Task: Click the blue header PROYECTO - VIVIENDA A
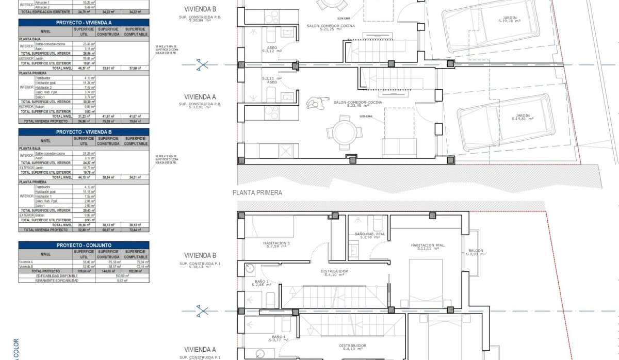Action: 84,23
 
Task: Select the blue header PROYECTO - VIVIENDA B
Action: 84,133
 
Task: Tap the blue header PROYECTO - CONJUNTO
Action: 84,245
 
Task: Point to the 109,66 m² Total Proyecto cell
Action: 83,271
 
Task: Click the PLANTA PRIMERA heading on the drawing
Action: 257,192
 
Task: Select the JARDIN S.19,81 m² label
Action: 525,117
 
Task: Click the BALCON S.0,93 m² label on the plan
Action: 476,252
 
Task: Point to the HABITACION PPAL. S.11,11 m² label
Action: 428,247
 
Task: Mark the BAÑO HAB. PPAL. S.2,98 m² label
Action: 370,236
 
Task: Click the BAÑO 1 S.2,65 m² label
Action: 262,283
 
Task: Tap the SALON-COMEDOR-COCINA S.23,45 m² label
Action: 356,105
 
